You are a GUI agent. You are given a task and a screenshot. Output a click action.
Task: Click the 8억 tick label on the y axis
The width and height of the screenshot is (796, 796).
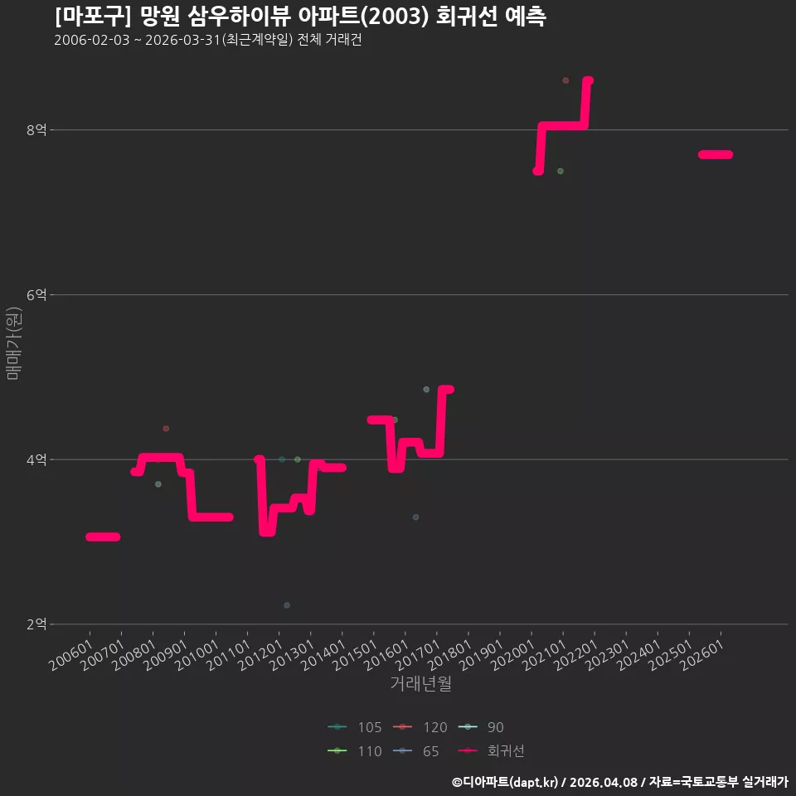coord(36,130)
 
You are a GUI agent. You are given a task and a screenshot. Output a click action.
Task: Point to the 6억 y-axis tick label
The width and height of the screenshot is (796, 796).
coord(36,294)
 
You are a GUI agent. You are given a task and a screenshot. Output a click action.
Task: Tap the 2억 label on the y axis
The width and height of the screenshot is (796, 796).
coord(36,624)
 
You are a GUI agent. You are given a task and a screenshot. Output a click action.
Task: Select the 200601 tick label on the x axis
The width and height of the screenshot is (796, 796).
coord(71,654)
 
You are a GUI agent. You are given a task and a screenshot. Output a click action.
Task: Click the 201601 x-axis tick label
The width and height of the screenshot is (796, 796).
coord(387,654)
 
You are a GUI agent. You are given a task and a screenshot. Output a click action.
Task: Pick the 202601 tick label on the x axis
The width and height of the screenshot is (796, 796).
coord(702,654)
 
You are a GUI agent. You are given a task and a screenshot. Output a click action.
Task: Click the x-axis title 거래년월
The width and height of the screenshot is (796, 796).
coord(421,683)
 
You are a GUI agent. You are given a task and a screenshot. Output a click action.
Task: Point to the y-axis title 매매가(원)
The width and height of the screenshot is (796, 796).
coord(13,343)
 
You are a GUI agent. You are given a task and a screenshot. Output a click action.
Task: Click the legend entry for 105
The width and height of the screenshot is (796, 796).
coord(354,727)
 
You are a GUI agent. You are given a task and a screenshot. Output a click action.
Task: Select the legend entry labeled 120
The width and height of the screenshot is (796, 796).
coord(420,727)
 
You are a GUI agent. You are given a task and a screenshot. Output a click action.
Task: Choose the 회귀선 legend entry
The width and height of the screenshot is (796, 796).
coord(491,751)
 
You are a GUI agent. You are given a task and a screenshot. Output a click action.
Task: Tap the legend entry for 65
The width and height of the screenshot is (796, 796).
coord(415,751)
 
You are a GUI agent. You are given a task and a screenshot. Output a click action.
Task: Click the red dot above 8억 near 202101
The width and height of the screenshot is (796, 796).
coord(565,80)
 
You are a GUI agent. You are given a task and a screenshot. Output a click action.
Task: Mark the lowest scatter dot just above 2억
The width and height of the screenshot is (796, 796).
coord(287,605)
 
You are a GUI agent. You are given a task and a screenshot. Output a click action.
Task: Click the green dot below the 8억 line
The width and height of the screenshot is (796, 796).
coord(561,171)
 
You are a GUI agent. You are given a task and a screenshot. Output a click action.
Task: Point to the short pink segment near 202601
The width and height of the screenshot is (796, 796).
coord(716,154)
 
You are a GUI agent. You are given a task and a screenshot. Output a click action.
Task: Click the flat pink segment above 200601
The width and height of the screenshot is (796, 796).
coord(103,536)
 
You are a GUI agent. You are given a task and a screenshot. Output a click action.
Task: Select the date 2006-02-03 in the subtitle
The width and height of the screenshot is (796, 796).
coord(92,40)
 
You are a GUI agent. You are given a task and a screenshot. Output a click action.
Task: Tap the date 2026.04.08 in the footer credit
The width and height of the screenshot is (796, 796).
coord(603,782)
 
